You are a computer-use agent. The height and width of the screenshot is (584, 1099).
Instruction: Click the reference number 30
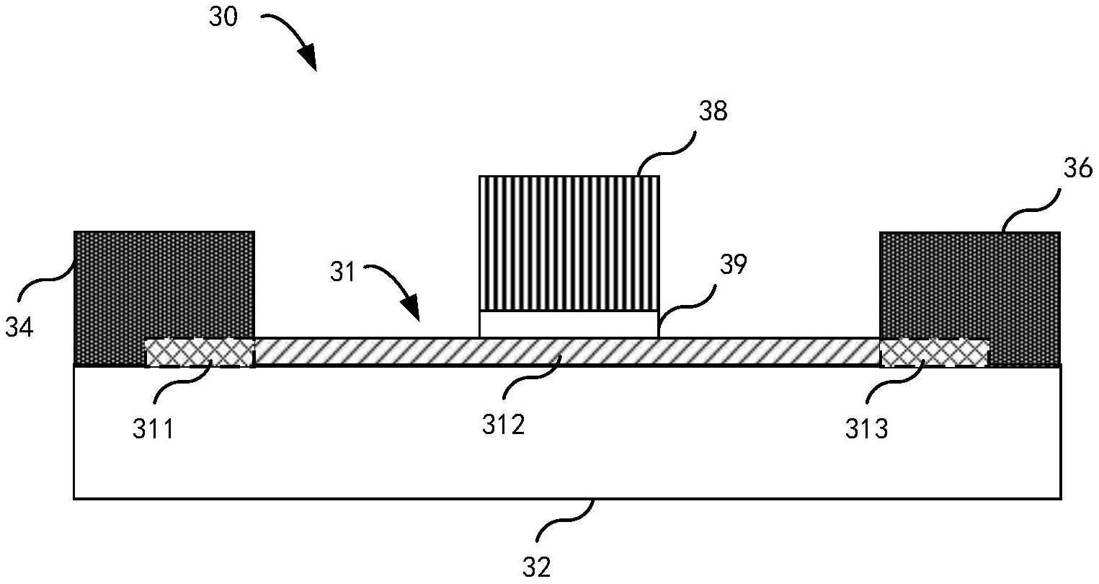tap(223, 17)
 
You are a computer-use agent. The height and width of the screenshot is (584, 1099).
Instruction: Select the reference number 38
tap(713, 112)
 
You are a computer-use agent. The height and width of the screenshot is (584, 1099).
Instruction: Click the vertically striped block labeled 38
tap(569, 243)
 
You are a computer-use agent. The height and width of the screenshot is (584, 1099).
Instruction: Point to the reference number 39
tap(733, 265)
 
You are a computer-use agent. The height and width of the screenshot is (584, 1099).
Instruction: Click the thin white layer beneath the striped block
tap(568, 324)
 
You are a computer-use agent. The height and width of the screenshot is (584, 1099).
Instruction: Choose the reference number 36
tap(1078, 168)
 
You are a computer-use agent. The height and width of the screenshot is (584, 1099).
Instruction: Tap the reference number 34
tap(19, 327)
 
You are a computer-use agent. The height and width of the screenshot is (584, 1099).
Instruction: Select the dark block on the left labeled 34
tap(164, 285)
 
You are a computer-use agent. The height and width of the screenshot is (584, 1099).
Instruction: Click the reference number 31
tap(342, 273)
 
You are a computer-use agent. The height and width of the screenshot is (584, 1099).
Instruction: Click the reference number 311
tap(153, 430)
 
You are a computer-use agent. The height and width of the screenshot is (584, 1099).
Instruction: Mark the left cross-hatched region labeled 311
tap(200, 353)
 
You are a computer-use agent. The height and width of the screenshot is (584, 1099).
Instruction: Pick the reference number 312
tap(504, 425)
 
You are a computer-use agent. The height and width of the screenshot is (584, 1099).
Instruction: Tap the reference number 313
tap(866, 430)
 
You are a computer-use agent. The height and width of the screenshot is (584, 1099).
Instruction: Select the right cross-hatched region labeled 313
tap(934, 353)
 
